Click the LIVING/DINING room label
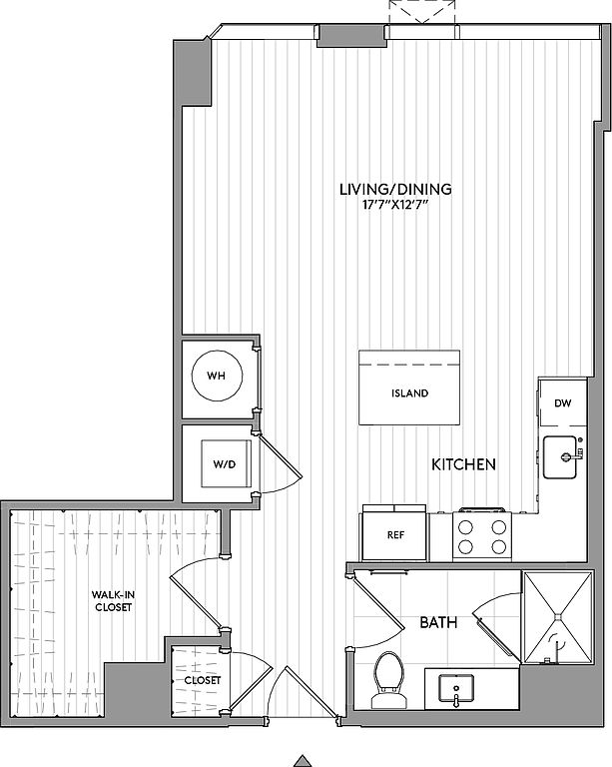pos(395,189)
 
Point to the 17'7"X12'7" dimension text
pos(395,205)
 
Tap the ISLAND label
pos(409,393)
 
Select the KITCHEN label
pos(463,464)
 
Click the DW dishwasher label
pos(563,403)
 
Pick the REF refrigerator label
pos(395,535)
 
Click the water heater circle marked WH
pos(217,376)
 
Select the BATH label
pos(438,623)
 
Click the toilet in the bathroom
pos(388,680)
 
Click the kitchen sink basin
pos(560,457)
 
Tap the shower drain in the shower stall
pos(558,617)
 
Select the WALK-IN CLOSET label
pos(114,600)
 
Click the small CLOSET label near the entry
pos(203,680)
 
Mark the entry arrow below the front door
pos(304,761)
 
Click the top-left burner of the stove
pos(466,527)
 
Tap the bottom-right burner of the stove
pos(498,546)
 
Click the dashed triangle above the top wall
pos(422,12)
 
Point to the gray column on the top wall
pos(351,36)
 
